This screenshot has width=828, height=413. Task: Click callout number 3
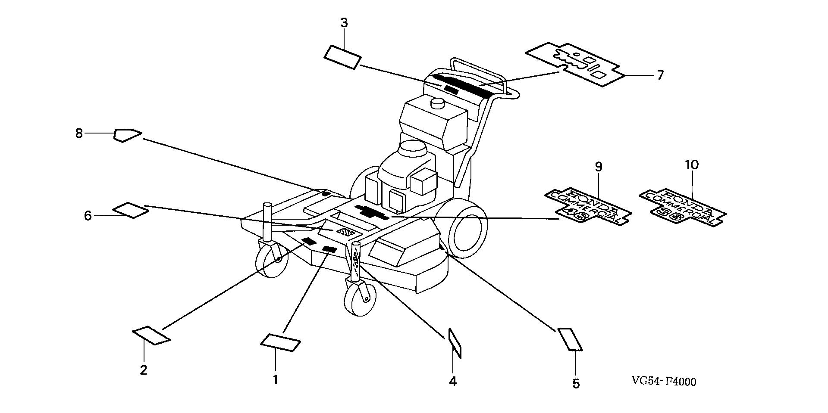click(344, 23)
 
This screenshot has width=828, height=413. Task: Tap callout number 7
click(660, 75)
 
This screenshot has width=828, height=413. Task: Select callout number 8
click(78, 134)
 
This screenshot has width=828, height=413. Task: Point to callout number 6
click(88, 215)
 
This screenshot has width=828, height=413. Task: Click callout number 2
click(144, 370)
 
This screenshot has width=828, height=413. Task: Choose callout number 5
click(576, 383)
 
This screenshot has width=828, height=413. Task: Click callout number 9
click(598, 166)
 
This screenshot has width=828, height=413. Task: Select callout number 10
click(691, 165)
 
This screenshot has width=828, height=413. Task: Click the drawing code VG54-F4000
click(664, 382)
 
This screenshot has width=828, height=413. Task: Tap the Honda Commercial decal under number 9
click(589, 206)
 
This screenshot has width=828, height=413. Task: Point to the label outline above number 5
click(570, 339)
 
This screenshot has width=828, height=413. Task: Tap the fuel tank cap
click(438, 103)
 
